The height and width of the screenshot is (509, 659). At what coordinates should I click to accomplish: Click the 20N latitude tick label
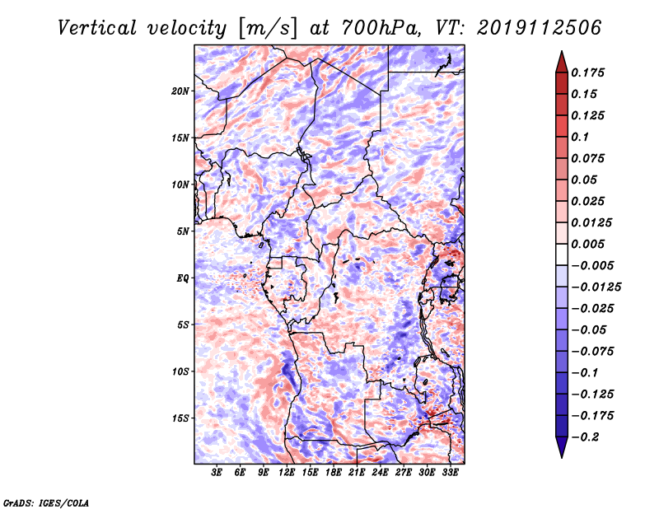(x=180, y=91)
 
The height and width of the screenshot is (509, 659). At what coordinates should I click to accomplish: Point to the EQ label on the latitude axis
(x=183, y=278)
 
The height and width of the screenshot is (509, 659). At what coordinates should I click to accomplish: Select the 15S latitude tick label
(x=180, y=418)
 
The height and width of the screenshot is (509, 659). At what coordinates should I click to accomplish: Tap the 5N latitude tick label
(x=183, y=231)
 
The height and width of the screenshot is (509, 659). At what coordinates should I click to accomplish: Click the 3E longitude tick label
(x=217, y=473)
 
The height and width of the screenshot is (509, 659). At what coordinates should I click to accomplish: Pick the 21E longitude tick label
(x=357, y=473)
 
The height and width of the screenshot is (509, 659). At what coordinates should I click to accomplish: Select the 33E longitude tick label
(x=450, y=473)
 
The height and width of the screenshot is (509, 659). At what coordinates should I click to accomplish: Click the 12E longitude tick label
(x=287, y=473)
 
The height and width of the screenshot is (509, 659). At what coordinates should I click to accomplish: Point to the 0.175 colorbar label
(x=587, y=72)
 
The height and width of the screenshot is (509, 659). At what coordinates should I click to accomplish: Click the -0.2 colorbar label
(x=585, y=437)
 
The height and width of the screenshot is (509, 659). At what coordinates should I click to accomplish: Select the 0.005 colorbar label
(x=587, y=244)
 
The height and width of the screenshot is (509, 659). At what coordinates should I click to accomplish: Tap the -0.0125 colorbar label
(x=596, y=287)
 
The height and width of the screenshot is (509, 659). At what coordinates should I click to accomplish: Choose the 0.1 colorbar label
(x=580, y=137)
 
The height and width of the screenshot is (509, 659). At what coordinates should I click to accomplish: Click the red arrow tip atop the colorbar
(x=562, y=52)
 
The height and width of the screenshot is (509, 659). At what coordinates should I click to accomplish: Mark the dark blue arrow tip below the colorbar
(x=562, y=457)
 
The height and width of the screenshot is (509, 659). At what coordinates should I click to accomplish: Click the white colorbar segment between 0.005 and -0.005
(x=562, y=254)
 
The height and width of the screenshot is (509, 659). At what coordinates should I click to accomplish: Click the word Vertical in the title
(x=97, y=28)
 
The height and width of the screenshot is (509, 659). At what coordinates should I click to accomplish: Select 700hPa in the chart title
(x=381, y=28)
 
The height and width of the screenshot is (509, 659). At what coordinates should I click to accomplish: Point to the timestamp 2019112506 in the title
(x=540, y=28)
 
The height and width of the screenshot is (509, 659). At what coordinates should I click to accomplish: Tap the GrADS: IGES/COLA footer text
(x=46, y=502)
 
